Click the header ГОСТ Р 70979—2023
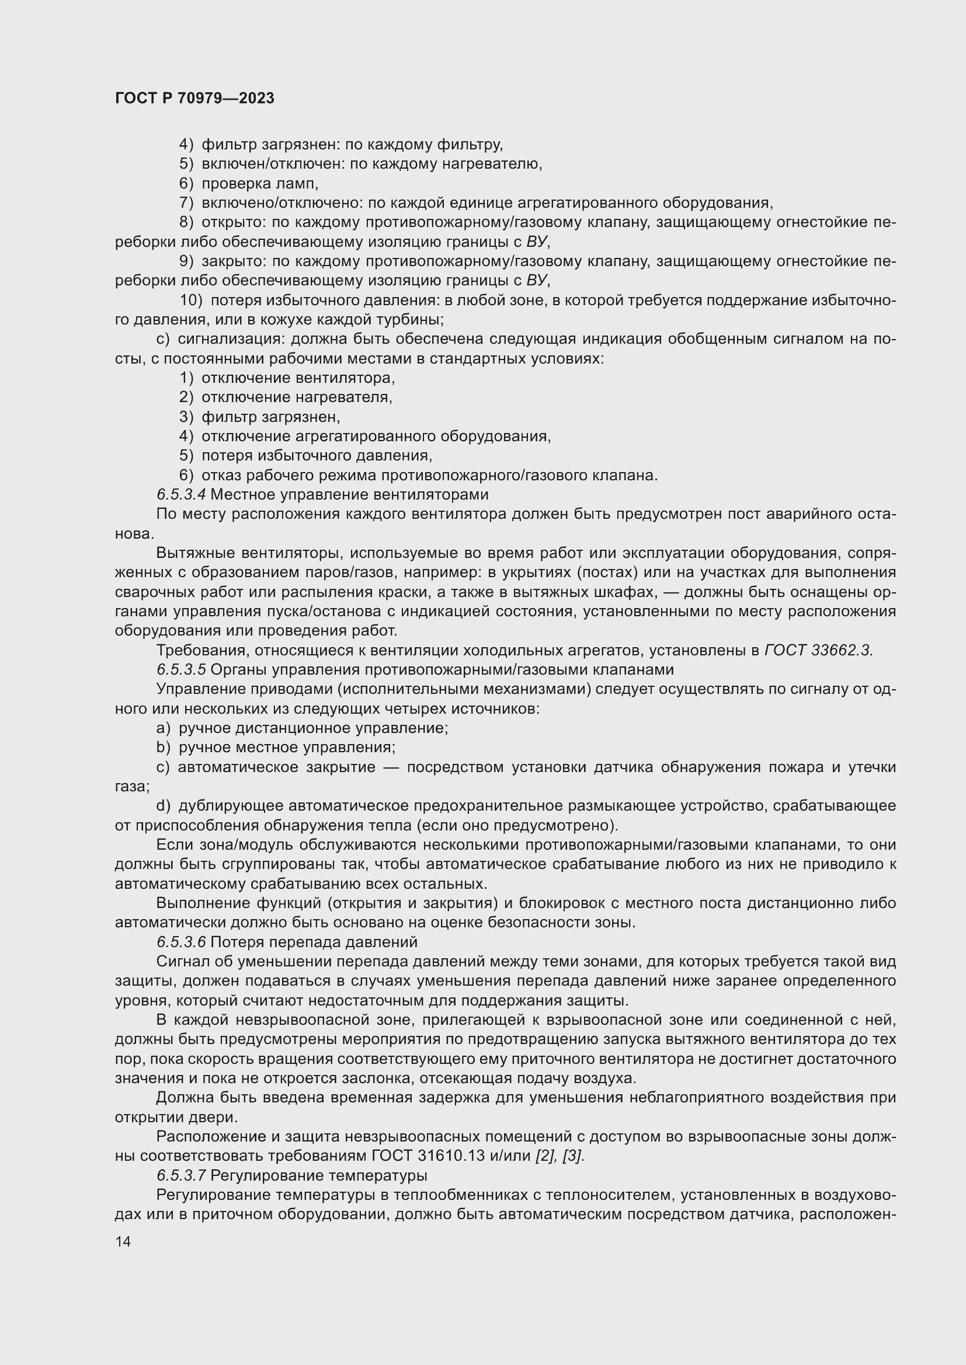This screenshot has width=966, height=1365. [194, 98]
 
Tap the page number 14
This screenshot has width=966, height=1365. [123, 1241]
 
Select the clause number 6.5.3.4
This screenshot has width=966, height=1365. [182, 494]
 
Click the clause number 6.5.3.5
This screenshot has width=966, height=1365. [182, 669]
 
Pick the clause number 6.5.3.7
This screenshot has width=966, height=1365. [182, 1175]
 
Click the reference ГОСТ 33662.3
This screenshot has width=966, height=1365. [818, 650]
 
